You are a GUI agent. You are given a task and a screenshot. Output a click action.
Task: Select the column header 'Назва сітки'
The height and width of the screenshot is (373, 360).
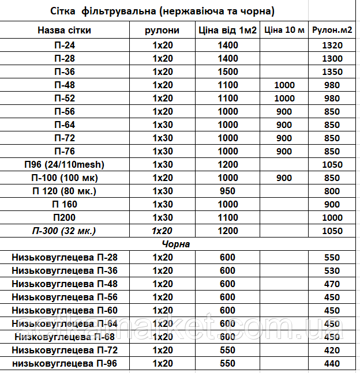tap(64, 31)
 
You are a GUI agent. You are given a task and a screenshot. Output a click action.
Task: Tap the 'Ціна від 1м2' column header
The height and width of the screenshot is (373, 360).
tap(228, 31)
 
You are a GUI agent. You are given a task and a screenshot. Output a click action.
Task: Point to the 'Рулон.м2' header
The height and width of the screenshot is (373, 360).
tap(332, 31)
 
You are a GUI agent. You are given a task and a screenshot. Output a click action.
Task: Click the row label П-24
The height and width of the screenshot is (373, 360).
tap(64, 45)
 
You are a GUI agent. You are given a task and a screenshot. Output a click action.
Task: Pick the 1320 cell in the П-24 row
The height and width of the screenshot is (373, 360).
tap(332, 45)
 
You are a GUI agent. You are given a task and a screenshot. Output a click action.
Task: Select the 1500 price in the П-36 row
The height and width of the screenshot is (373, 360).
tap(228, 71)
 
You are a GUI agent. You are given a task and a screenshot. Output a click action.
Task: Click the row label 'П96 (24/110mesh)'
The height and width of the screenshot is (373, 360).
tap(64, 164)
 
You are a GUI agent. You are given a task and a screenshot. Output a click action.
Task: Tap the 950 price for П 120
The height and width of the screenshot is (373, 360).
tap(228, 191)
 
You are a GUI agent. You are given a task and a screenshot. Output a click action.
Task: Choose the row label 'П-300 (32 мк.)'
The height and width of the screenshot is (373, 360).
tap(64, 231)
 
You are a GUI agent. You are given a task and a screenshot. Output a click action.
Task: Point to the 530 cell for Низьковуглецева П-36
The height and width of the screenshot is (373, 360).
tap(332, 270)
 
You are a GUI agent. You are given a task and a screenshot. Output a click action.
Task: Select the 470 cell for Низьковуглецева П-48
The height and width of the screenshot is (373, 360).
tap(332, 284)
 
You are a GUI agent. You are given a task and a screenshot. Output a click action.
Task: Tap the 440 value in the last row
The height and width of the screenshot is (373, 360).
tap(332, 363)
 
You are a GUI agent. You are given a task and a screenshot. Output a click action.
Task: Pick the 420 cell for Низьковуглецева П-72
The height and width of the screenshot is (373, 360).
tap(332, 350)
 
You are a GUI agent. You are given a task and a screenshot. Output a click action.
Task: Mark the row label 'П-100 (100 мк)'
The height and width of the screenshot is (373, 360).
tap(64, 178)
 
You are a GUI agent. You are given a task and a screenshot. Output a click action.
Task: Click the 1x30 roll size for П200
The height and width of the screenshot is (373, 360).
tap(163, 217)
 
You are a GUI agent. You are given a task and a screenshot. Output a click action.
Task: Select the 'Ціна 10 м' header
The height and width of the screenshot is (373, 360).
tap(284, 31)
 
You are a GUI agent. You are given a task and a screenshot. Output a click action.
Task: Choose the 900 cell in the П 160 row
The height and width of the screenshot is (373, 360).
tap(332, 204)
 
